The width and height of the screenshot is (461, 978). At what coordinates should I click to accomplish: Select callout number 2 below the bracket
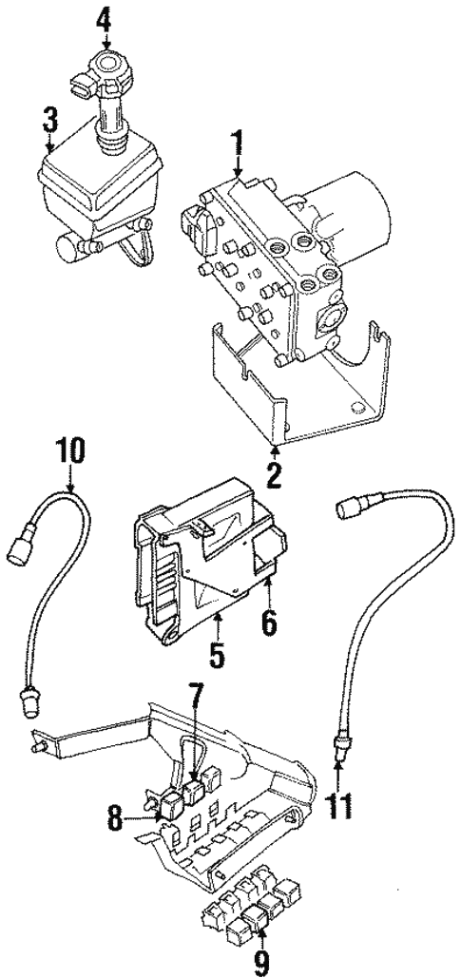(274, 473)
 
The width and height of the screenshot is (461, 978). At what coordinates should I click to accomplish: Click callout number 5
(217, 655)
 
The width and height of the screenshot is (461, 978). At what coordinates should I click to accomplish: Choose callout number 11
(337, 807)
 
